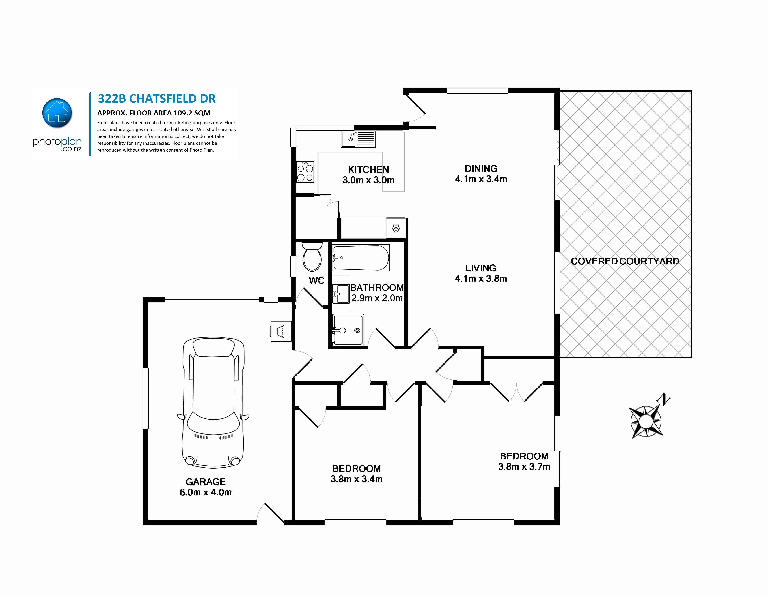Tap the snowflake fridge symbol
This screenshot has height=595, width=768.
click(396, 228)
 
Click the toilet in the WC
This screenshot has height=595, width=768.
click(312, 256)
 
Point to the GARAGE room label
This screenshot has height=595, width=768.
click(206, 482)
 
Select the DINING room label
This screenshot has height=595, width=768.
click(481, 169)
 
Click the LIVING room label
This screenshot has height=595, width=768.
click(481, 268)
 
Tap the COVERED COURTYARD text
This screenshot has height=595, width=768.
click(625, 261)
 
